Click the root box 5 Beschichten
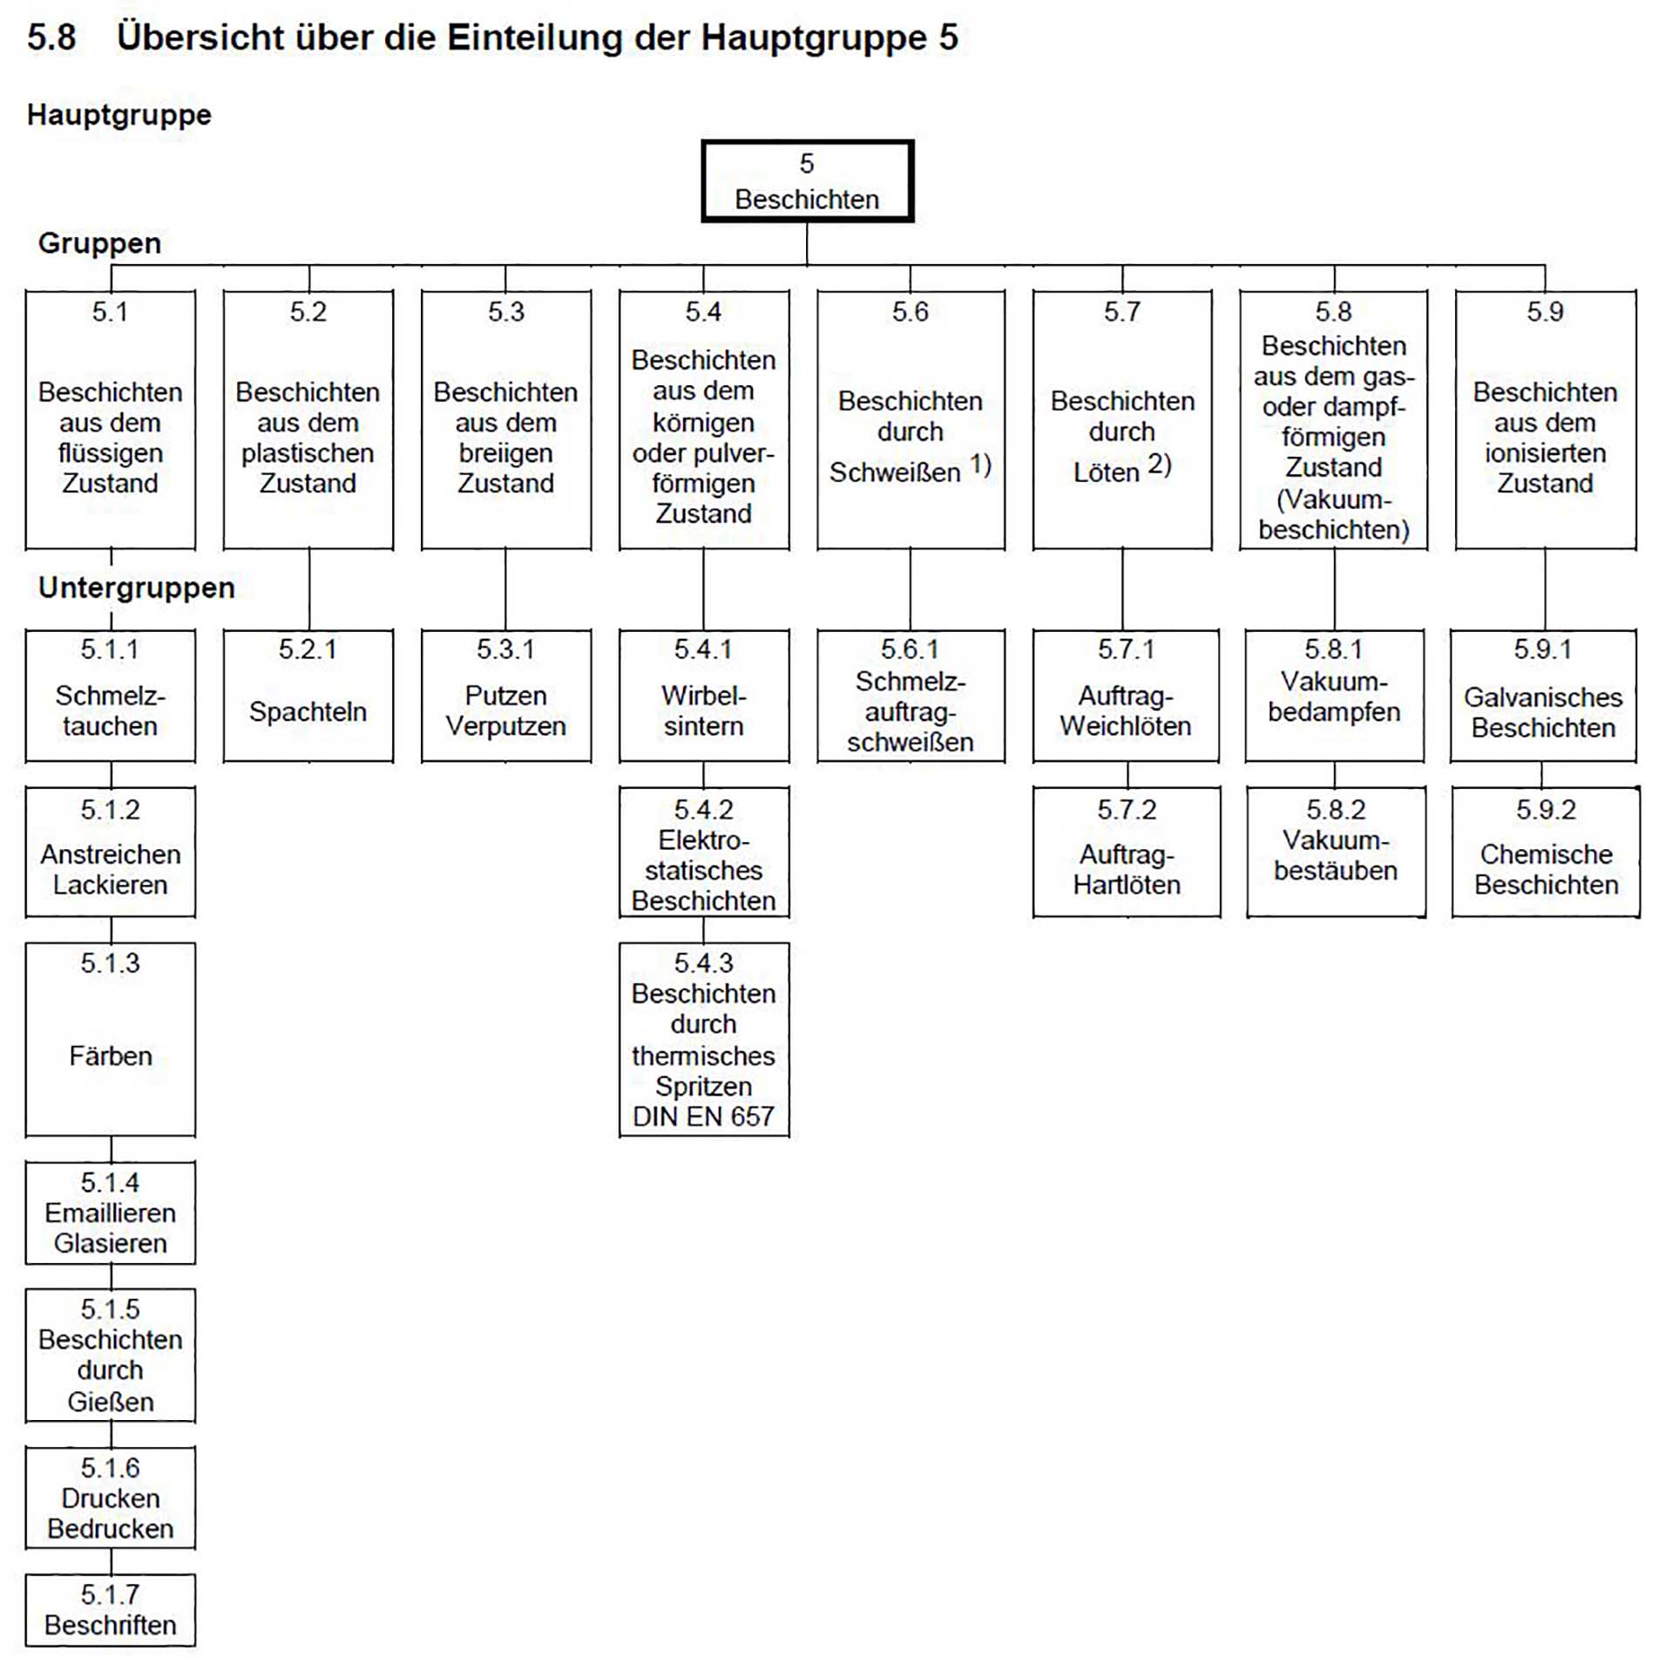[807, 181]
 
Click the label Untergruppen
[136, 588]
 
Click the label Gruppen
[99, 242]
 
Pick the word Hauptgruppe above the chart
[119, 114]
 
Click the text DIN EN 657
[703, 1117]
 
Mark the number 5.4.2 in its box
[703, 810]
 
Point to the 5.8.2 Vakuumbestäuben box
[1336, 852]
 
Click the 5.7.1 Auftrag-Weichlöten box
[1125, 696]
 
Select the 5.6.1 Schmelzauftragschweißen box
[911, 696]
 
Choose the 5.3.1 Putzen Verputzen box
[505, 696]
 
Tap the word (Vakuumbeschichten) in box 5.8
[1334, 514]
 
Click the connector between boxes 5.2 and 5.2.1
[309, 589]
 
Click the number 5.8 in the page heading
[51, 37]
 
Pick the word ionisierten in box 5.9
[1545, 453]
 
